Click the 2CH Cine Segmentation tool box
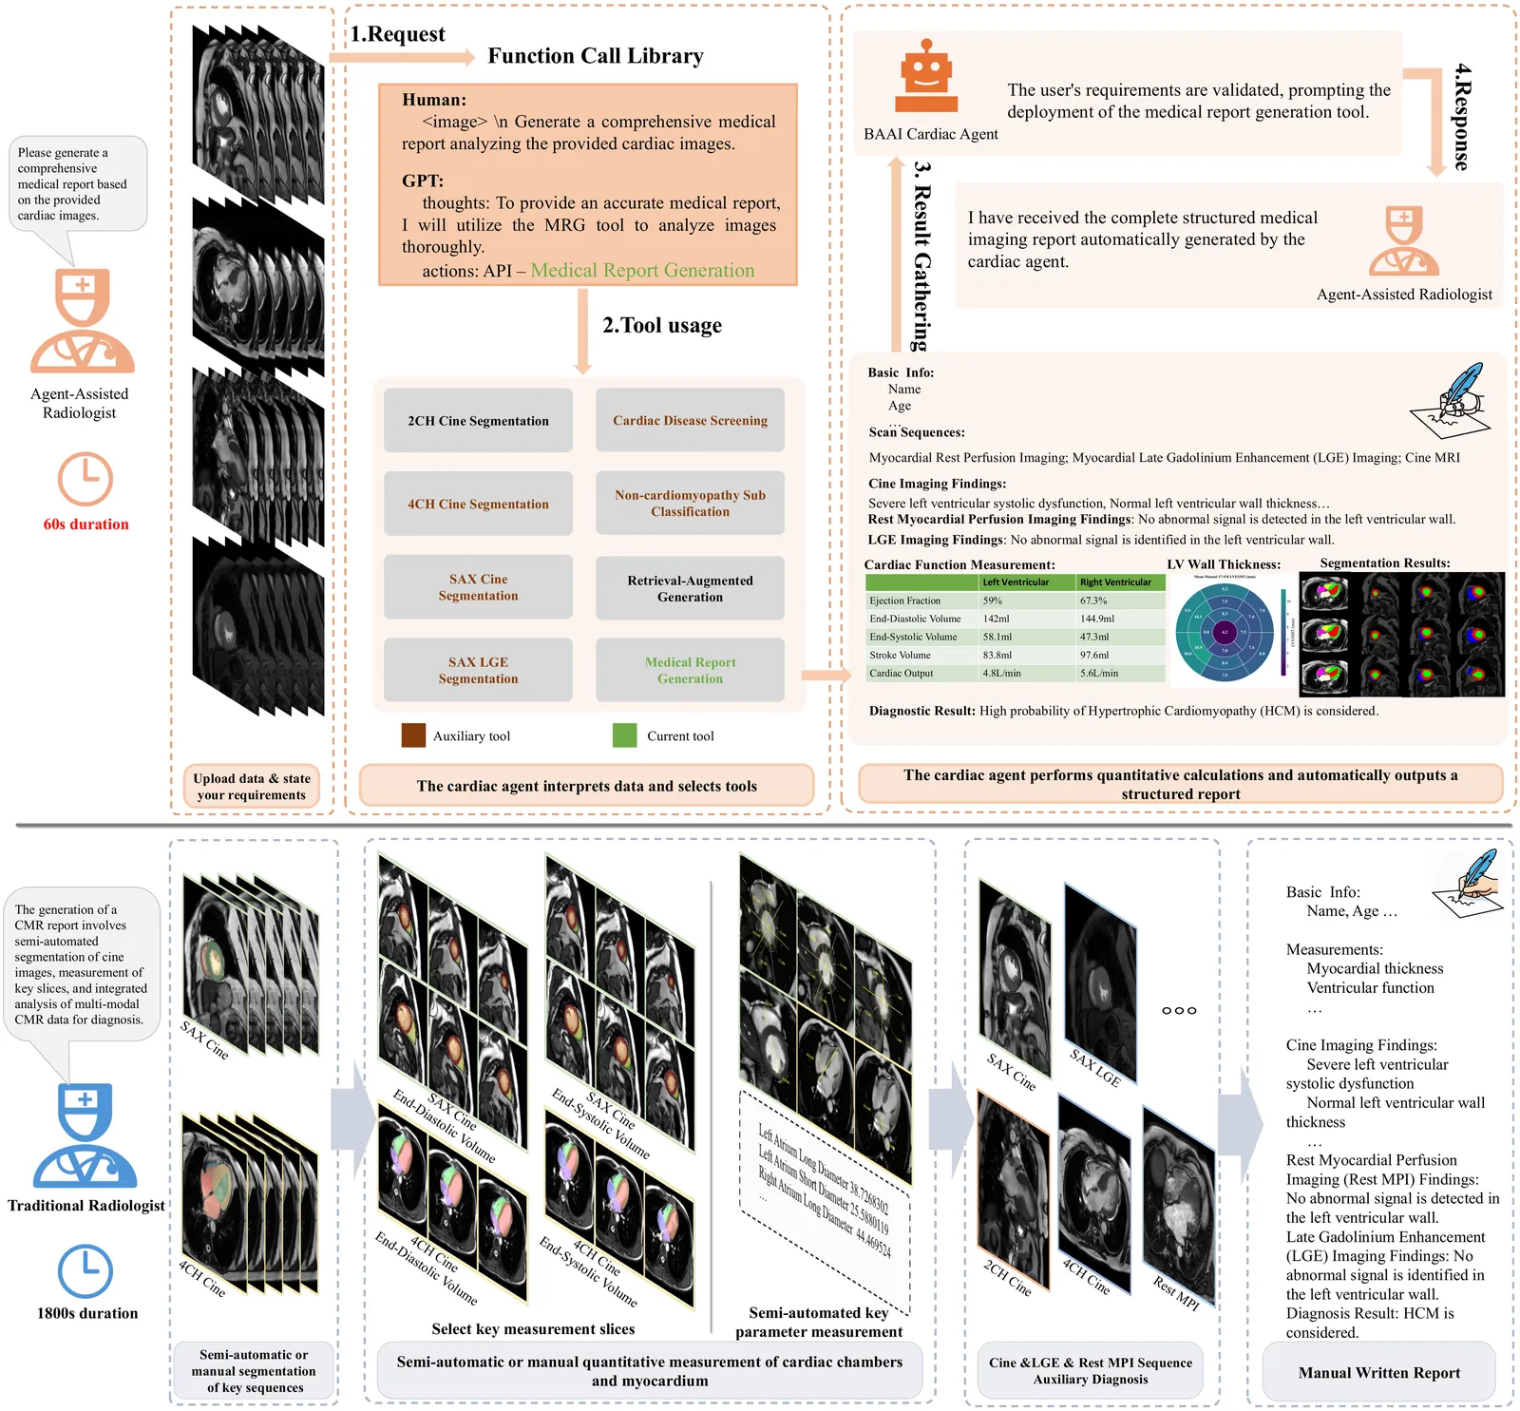(x=478, y=421)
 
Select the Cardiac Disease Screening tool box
(x=690, y=421)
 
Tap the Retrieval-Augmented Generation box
(x=690, y=589)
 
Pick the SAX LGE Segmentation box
(x=478, y=671)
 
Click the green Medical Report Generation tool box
(x=690, y=671)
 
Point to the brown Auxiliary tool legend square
(x=413, y=735)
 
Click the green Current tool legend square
(x=625, y=735)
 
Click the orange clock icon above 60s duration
(x=85, y=479)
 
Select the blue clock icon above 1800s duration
(x=85, y=1271)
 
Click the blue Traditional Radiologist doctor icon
(x=85, y=1135)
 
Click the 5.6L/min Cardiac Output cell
(x=1099, y=673)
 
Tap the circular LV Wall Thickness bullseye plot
(x=1225, y=632)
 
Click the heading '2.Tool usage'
(x=662, y=326)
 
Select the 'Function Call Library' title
(x=596, y=56)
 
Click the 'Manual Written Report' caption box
(x=1378, y=1373)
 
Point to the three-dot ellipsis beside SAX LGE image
(x=1179, y=1010)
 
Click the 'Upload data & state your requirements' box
(x=252, y=787)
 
